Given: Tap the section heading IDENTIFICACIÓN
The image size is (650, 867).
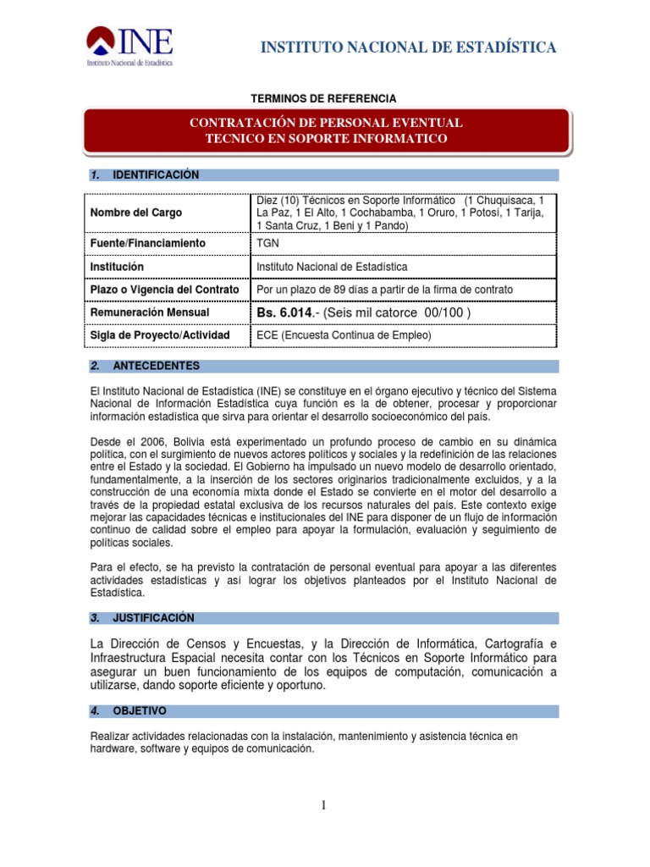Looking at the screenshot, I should (x=156, y=175).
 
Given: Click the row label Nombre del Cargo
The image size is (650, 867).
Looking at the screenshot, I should (x=135, y=213).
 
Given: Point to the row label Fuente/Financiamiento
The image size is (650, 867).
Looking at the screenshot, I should (x=147, y=244).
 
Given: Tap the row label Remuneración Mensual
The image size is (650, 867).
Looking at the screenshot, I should (x=149, y=312).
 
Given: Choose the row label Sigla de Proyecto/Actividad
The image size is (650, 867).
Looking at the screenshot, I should (x=159, y=335).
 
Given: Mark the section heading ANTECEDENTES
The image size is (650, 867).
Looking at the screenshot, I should (x=157, y=366).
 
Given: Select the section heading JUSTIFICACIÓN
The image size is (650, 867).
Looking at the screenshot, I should (x=153, y=618).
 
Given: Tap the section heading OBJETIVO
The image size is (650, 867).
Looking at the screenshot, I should (x=140, y=710).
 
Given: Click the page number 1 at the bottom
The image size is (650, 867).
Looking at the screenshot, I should (x=324, y=805).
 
